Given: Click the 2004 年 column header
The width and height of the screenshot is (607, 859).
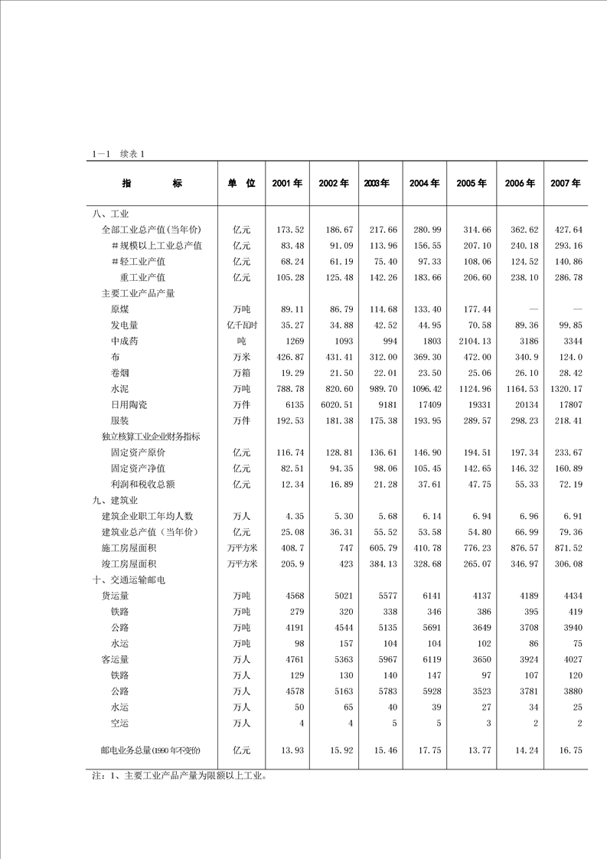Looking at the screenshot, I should pos(424,184).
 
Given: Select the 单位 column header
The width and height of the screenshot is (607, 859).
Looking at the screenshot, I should pos(240,184).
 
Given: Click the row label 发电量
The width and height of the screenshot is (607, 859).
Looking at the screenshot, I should pos(124,325).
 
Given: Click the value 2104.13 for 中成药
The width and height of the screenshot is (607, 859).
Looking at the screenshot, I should pos(475,341).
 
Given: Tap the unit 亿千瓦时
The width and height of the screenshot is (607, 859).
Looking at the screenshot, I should pos(241,325).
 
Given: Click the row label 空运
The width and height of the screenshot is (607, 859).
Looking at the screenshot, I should pos(119,723).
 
